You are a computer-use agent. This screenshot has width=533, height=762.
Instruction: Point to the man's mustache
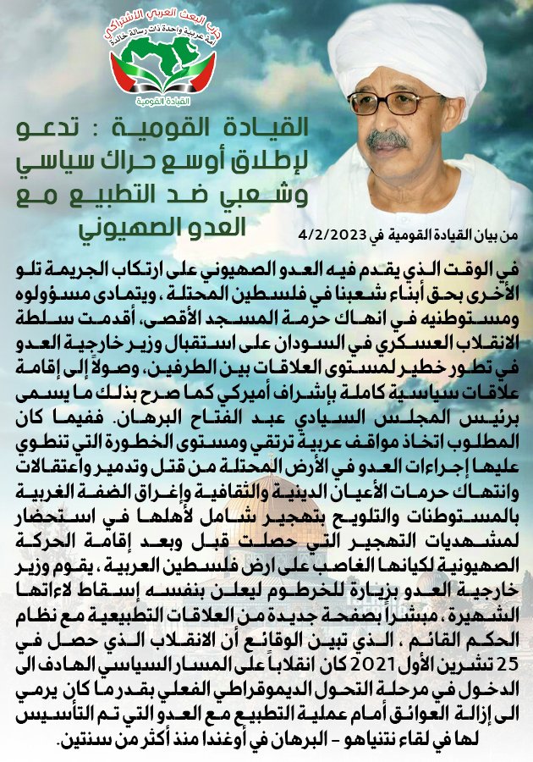click(x=388, y=137)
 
